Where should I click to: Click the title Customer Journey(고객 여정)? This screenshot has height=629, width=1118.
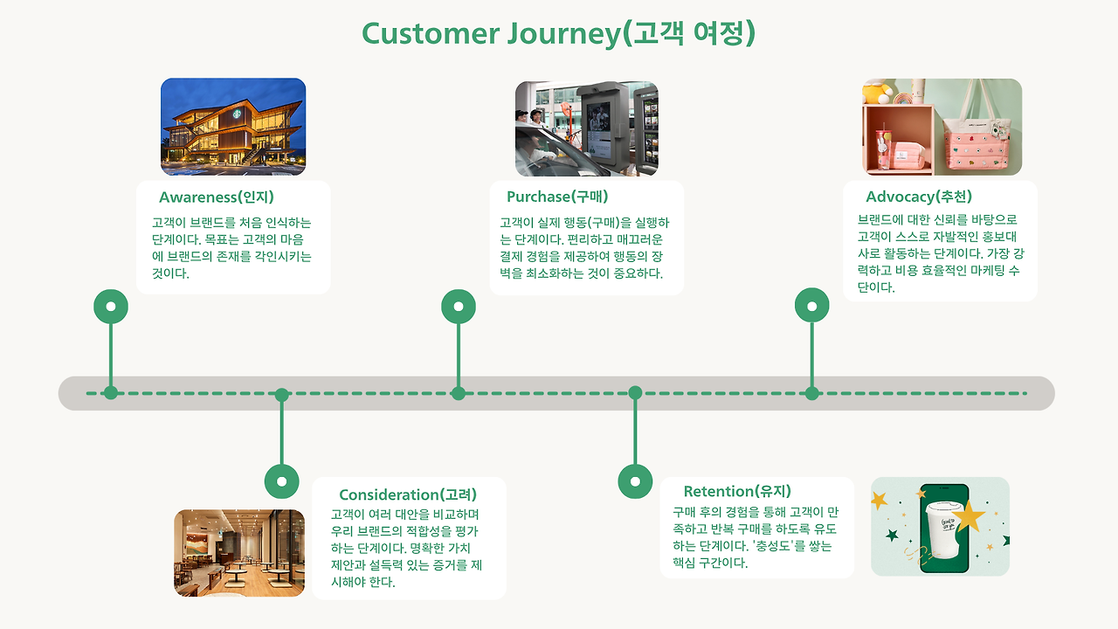tap(558, 33)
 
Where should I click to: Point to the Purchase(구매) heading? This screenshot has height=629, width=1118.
tap(557, 197)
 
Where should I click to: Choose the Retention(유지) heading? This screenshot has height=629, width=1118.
tap(737, 491)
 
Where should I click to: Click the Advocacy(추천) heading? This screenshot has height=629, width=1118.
tap(919, 197)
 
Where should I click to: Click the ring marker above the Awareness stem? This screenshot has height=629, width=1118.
tap(111, 307)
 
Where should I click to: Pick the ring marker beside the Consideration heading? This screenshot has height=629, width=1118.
tap(281, 480)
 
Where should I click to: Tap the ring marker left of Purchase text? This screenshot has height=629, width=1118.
tap(459, 307)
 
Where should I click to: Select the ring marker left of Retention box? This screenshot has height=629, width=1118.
tap(635, 480)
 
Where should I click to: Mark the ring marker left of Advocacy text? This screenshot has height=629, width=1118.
tap(812, 307)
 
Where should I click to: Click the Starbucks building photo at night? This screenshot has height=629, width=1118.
tap(233, 128)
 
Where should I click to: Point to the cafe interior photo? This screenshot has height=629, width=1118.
tap(239, 553)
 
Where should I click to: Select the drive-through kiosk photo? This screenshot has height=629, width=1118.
tap(586, 129)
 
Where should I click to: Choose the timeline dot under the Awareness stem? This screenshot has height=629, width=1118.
tap(111, 393)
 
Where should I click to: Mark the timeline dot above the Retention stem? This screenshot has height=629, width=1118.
tap(635, 393)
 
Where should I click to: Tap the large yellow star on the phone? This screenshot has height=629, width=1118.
tap(969, 516)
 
